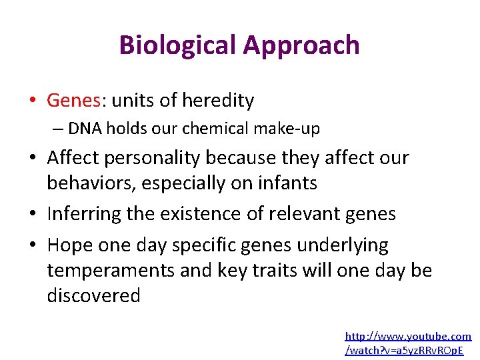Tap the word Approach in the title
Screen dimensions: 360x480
point(301,45)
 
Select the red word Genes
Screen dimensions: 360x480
point(73,101)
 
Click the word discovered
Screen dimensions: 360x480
point(93,295)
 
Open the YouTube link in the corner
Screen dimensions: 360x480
point(407,343)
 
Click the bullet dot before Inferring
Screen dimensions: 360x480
point(33,215)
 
